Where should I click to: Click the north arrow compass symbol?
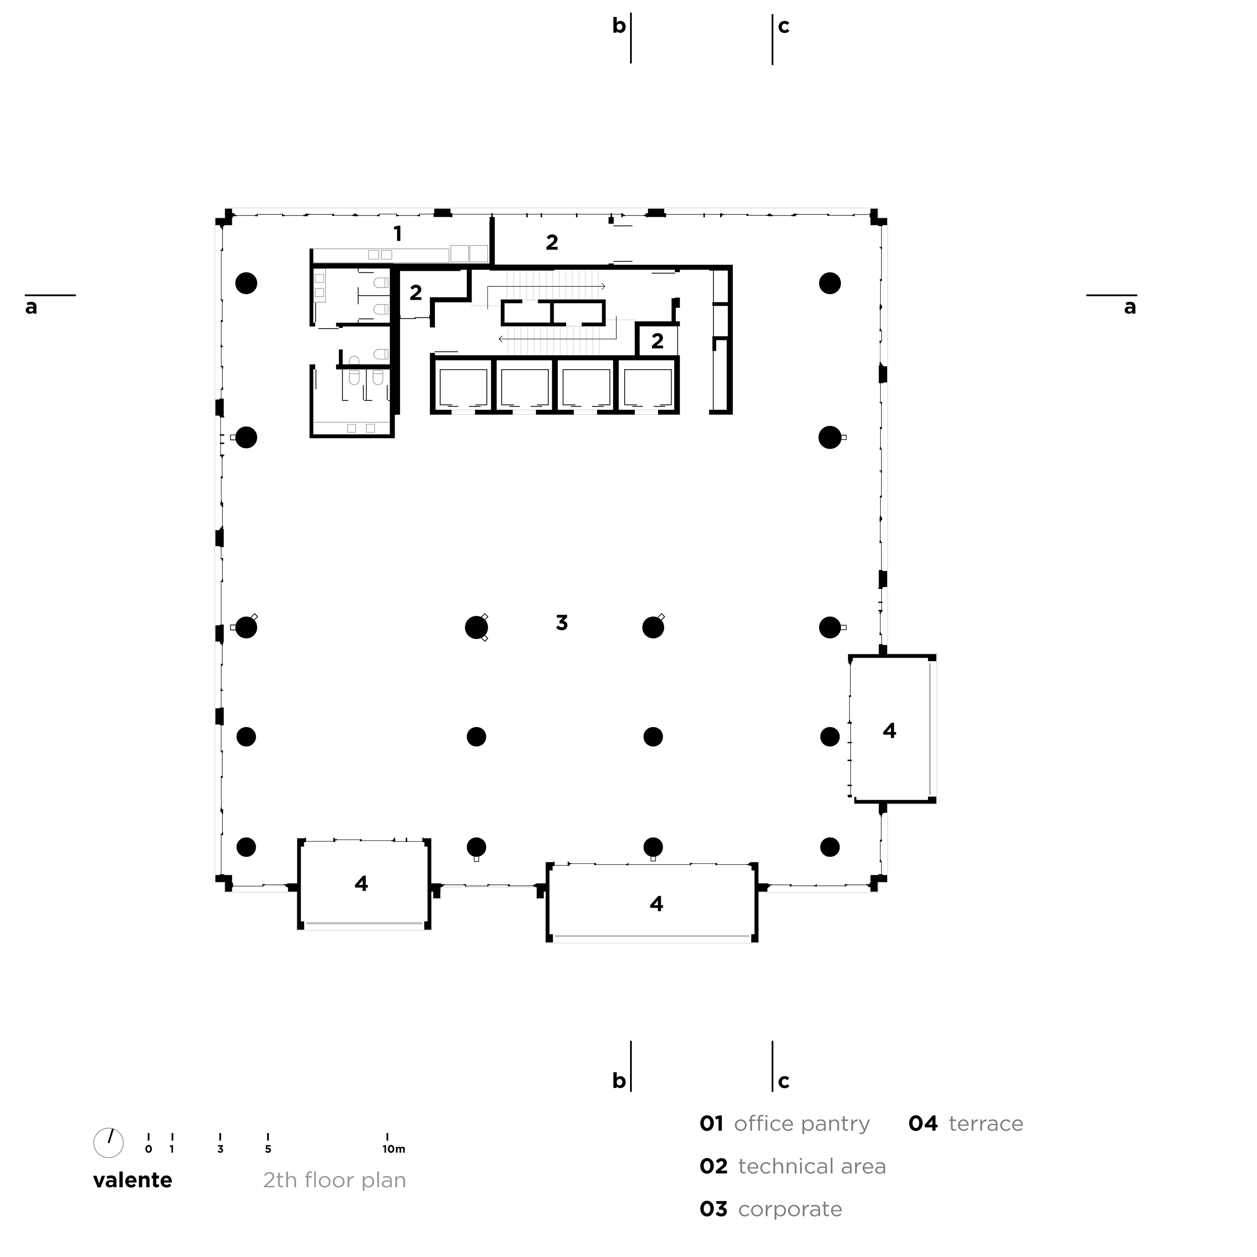(109, 1142)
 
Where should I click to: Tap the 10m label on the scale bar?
(393, 1149)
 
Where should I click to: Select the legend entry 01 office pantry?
(784, 1124)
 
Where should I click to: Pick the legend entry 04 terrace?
(966, 1124)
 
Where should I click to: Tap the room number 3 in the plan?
(561, 623)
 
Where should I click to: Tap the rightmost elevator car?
(648, 387)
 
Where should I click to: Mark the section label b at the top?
(619, 26)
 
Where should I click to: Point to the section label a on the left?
(31, 307)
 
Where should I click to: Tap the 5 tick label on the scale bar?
(268, 1149)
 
